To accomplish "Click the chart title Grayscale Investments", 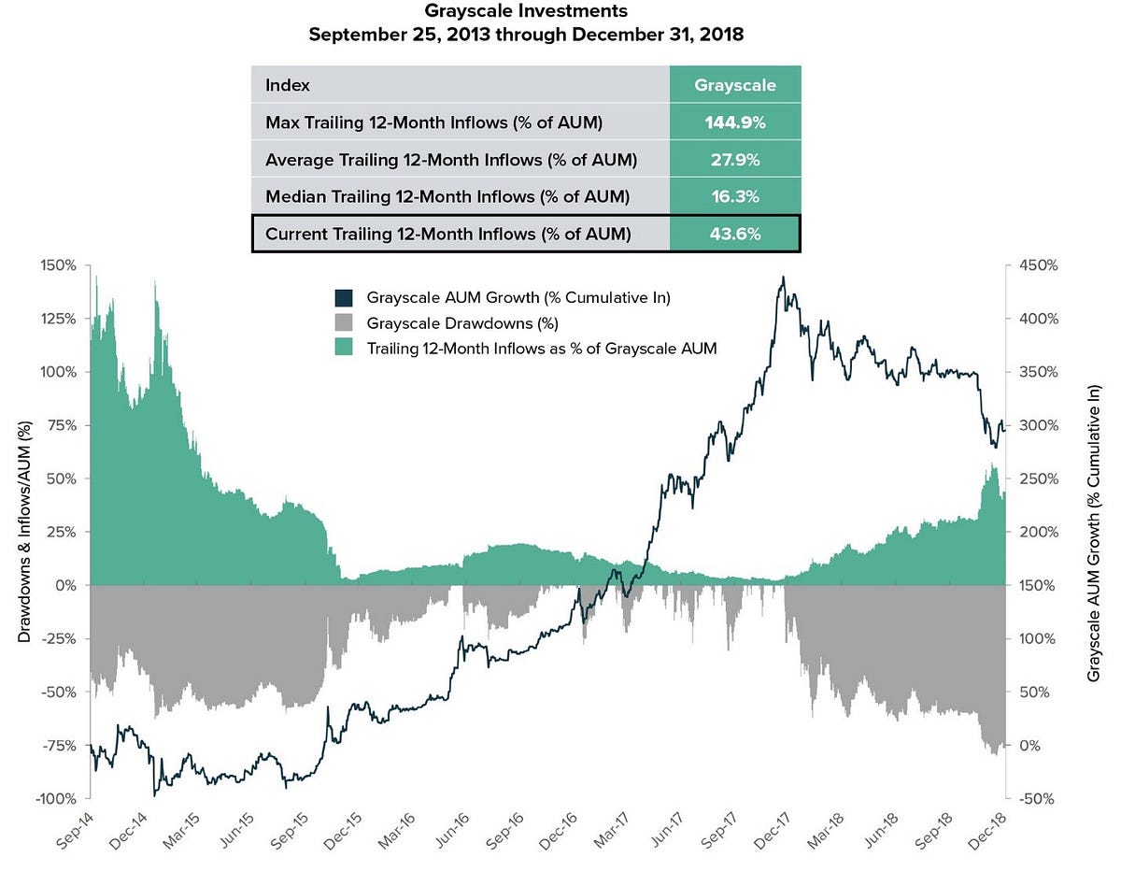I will (526, 12).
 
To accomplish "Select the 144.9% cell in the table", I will (734, 122).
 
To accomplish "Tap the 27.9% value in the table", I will (734, 160).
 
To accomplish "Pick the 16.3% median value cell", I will (734, 196).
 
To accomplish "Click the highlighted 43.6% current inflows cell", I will (734, 234).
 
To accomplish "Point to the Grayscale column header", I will (734, 85).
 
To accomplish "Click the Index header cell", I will (288, 85).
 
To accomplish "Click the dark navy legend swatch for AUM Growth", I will (344, 298).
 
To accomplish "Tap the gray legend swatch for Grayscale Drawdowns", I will (344, 324).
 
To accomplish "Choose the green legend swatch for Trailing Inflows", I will (344, 349).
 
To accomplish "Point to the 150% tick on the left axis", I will (59, 264).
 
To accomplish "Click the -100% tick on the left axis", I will (56, 799).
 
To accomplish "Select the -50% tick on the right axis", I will (1037, 799).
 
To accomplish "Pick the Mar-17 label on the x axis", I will (600, 826).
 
